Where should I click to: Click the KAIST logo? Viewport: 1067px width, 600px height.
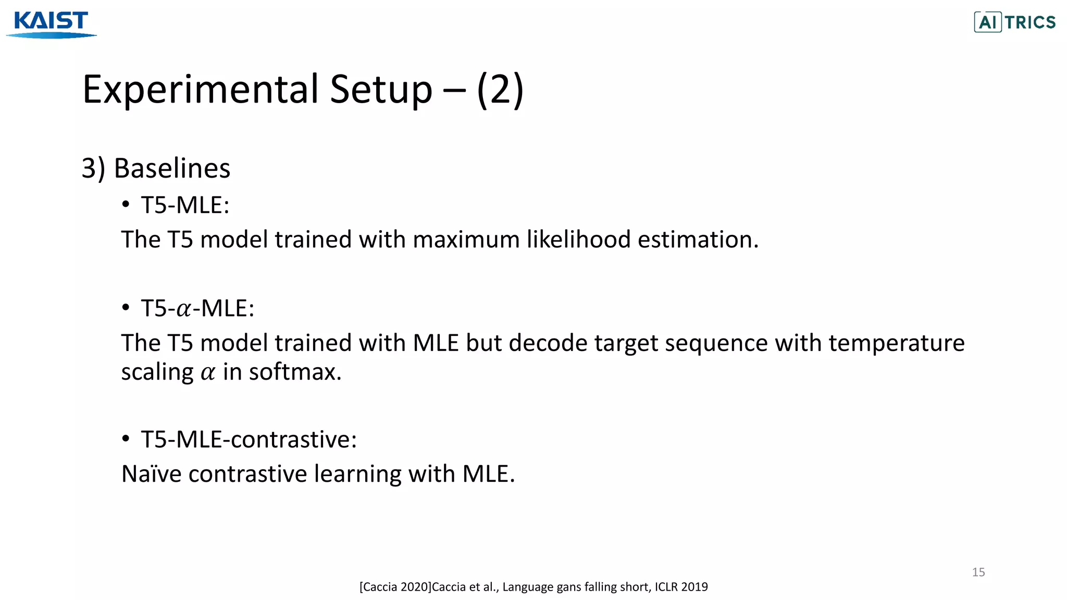point(51,24)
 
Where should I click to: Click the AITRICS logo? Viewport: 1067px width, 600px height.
point(1014,22)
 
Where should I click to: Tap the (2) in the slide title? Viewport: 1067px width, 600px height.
point(500,90)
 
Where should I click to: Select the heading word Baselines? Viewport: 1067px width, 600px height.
point(172,168)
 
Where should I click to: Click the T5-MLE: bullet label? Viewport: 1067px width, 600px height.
point(185,205)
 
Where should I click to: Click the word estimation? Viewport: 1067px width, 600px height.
point(698,240)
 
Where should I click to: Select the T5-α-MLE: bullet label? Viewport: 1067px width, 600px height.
point(197,308)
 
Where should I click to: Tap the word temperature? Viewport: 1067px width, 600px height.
point(896,343)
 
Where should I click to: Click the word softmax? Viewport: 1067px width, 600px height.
point(295,372)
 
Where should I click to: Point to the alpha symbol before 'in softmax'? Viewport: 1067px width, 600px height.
point(208,373)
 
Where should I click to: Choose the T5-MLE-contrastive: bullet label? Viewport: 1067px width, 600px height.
point(249,440)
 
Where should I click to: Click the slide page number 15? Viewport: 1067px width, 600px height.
point(978,572)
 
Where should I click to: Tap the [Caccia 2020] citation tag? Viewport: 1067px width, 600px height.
point(395,587)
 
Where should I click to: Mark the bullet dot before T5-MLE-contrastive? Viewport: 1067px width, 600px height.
point(126,439)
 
